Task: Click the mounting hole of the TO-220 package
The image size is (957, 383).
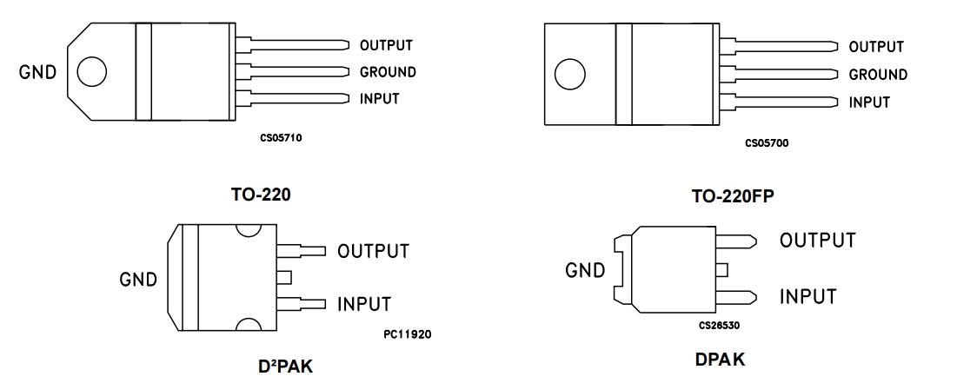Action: (92, 71)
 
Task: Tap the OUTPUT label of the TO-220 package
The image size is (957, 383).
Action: (386, 45)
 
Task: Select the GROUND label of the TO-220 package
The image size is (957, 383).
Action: (388, 72)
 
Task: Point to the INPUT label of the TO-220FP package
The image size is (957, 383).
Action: (869, 102)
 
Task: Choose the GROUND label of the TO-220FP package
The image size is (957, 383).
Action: (878, 75)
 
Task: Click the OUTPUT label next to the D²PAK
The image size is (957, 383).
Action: (373, 252)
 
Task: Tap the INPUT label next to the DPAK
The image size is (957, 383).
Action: (807, 297)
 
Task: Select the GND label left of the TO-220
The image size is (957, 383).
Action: (37, 72)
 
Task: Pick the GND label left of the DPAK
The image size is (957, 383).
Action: (585, 271)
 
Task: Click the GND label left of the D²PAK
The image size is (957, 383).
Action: (138, 280)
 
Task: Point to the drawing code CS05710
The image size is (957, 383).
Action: (281, 137)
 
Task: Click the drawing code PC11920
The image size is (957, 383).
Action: (407, 333)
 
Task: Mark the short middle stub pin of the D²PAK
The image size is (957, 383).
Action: (283, 277)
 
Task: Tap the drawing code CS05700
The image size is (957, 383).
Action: (767, 142)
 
